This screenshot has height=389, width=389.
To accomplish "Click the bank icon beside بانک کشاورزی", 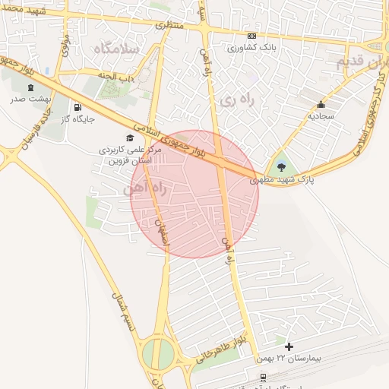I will click(x=251, y=36).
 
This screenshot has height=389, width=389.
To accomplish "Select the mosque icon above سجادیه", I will click(x=321, y=105).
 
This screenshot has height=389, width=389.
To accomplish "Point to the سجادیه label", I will click(x=321, y=116).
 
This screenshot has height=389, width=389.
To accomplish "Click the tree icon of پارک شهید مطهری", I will click(x=282, y=166).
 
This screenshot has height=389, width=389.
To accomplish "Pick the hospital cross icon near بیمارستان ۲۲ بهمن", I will click(x=289, y=346).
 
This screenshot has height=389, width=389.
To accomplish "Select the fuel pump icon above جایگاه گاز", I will click(x=77, y=107).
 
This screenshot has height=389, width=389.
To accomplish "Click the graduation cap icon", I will click(x=130, y=138).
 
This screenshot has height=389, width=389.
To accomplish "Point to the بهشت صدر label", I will click(x=30, y=100).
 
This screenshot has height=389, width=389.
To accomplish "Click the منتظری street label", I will click(x=170, y=25).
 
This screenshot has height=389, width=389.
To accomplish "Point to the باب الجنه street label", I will click(x=116, y=76).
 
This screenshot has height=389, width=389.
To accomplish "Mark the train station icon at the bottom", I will click(x=263, y=377).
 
